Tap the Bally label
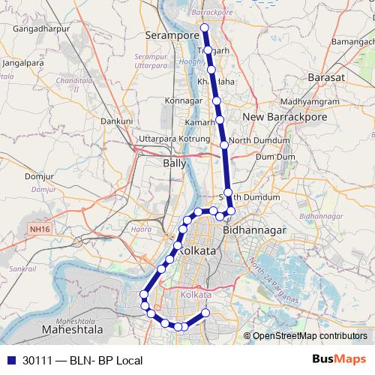[x=174, y=162]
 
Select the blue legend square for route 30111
[x=11, y=360]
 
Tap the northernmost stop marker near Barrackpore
[x=203, y=27]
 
